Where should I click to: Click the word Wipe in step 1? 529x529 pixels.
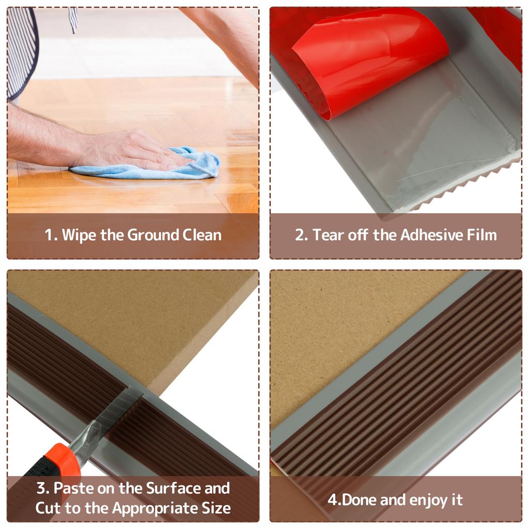pyautogui.click(x=79, y=235)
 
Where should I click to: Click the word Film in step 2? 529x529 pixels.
pyautogui.click(x=482, y=235)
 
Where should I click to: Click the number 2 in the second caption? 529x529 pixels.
pyautogui.click(x=300, y=235)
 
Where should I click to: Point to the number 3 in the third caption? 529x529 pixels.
pyautogui.click(x=41, y=488)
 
